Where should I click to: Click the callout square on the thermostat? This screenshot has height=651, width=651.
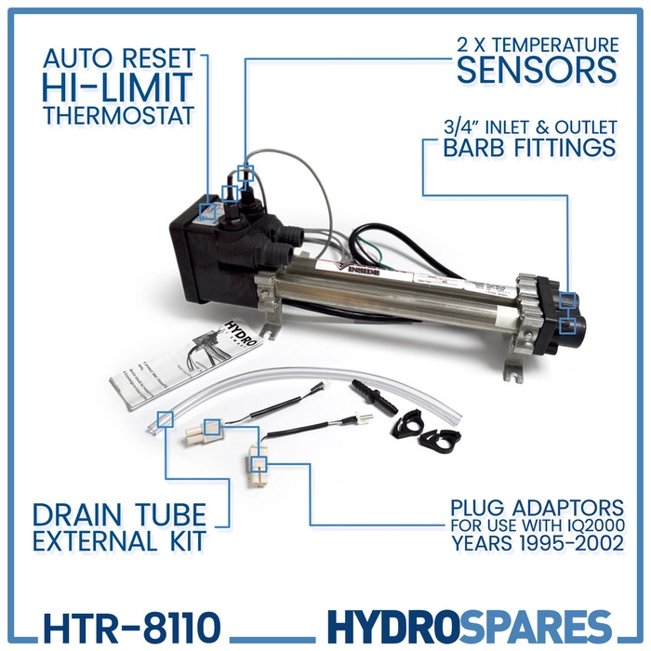[x=210, y=211]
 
